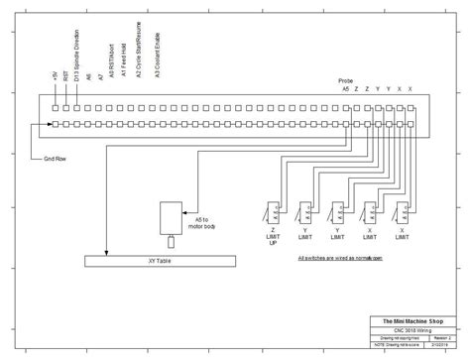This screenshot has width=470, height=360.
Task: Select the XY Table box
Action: pos(160,261)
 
